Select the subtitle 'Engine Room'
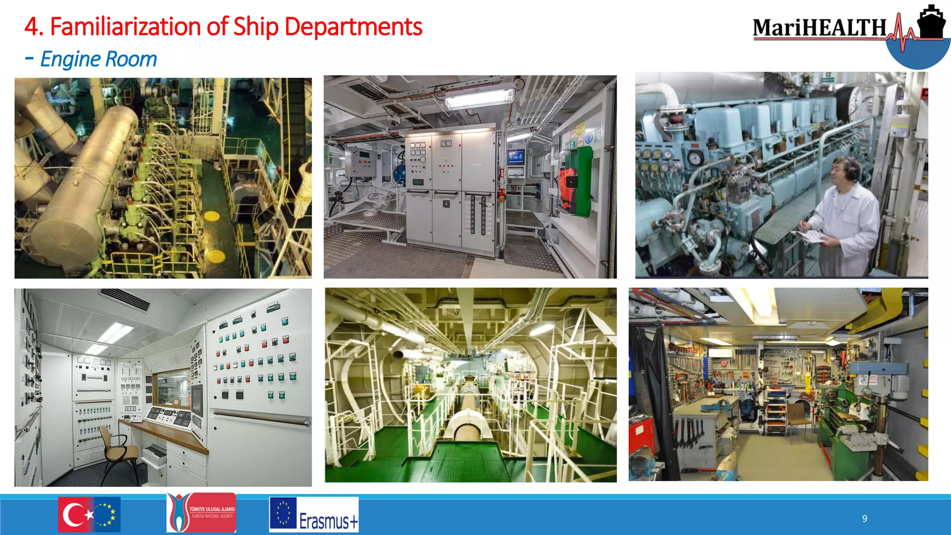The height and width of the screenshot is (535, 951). tap(98, 59)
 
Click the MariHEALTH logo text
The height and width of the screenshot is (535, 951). tap(820, 28)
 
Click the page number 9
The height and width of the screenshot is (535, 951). tap(865, 519)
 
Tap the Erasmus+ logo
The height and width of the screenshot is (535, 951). tap(314, 515)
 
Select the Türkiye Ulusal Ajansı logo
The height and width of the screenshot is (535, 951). tap(201, 513)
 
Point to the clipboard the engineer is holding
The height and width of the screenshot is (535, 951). tap(813, 237)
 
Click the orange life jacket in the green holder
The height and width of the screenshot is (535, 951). tap(567, 188)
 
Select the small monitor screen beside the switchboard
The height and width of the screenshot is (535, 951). tap(515, 157)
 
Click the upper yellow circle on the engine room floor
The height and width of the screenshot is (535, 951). tap(212, 216)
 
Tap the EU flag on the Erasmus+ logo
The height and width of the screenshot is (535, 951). tap(283, 513)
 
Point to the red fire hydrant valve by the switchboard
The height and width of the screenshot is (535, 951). tap(502, 195)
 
